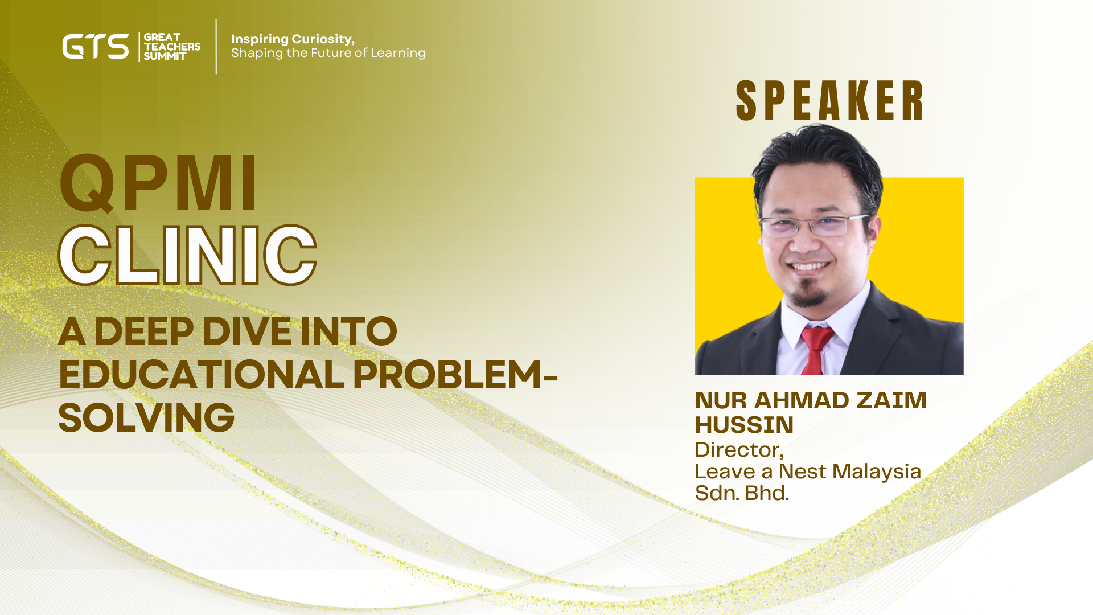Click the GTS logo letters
coord(96,47)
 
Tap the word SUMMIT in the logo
coord(165,56)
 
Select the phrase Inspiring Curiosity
coord(293,39)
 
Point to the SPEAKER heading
coord(829,101)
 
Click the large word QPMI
coord(159,183)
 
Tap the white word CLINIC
coord(187,255)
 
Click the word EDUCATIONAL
coord(202,375)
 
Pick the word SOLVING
coord(146,418)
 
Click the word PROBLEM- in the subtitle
coord(455,375)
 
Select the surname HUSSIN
coord(744,425)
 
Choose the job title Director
coord(739,450)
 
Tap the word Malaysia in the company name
coord(877,471)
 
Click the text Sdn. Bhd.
coord(742,493)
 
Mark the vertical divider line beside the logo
coord(216,47)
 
